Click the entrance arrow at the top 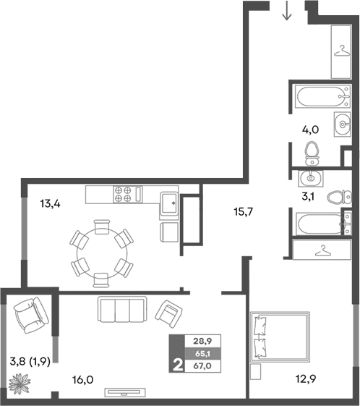287,11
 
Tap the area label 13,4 49,203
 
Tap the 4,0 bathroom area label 311,130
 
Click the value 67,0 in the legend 203,367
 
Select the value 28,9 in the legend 203,342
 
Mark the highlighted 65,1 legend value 203,355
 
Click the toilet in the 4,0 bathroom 312,151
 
